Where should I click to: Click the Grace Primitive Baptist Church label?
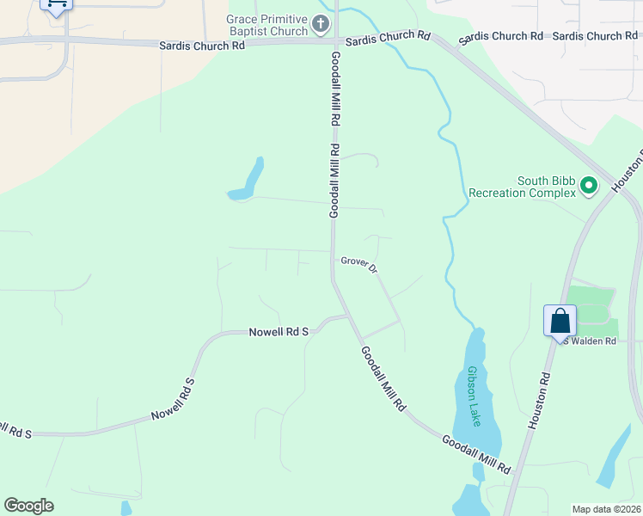(266, 25)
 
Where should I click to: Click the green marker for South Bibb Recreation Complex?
(589, 185)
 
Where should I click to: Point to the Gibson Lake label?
(474, 396)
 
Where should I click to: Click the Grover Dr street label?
(360, 263)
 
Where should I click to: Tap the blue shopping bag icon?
(560, 321)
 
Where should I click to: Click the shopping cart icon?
(57, 3)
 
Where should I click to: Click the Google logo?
(28, 506)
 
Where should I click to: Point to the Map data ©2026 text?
(606, 509)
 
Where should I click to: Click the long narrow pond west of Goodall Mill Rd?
(248, 181)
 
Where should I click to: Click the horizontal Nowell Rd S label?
(279, 331)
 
